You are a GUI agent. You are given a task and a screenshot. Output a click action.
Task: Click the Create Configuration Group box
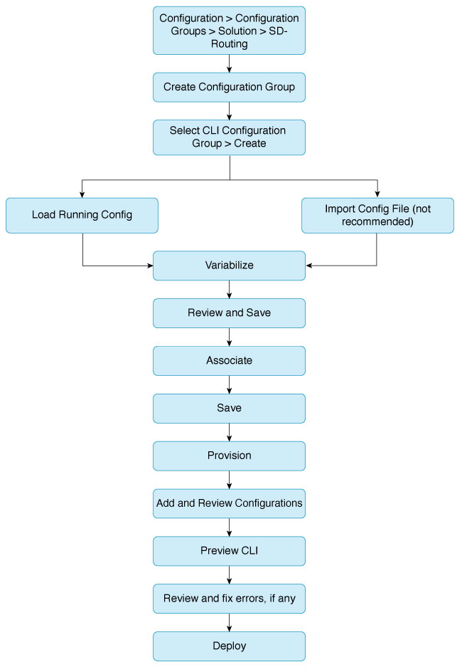230,88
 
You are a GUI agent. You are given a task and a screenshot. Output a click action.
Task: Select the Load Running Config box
82,215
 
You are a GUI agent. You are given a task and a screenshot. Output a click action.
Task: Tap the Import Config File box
377,215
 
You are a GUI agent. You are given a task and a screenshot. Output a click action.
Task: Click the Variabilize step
230,266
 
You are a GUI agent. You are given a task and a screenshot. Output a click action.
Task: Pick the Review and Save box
230,313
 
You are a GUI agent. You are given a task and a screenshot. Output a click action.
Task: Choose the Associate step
230,361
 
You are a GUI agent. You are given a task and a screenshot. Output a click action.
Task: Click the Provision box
230,456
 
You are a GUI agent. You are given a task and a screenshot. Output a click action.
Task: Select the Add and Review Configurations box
230,504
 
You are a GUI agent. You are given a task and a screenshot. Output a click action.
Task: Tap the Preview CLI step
230,551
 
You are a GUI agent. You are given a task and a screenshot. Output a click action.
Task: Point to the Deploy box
230,646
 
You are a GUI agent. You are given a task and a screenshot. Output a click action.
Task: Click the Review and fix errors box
230,599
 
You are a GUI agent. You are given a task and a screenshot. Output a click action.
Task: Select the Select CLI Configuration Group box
230,137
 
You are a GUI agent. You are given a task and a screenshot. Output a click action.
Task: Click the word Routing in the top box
230,44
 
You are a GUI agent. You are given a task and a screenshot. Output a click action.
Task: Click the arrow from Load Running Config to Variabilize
82,266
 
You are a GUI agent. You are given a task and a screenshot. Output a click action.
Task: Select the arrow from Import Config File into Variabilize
376,266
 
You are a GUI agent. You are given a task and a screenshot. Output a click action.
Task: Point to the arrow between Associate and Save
230,384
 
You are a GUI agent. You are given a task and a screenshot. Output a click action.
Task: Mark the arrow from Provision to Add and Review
230,480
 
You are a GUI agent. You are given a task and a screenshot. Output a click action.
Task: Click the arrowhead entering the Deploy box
230,629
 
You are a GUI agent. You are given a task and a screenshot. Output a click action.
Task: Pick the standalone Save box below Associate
230,409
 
